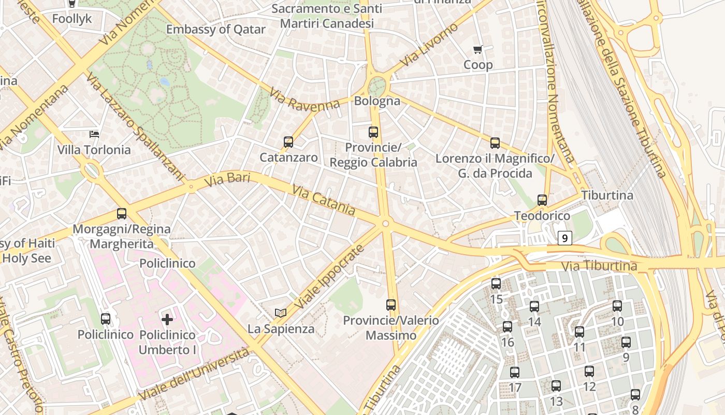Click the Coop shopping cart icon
pos(477,50)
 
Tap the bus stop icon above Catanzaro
pos(288,142)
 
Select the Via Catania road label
pos(324,200)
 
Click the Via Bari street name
pos(227,180)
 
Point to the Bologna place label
pos(377,101)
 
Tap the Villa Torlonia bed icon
pos(94,134)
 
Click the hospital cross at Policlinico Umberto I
pos(167,319)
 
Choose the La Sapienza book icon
pos(281,313)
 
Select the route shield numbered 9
pos(564,238)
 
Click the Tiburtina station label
pos(607,196)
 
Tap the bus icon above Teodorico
pos(542,200)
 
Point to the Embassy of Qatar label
pos(215,29)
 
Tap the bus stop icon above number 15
pos(496,283)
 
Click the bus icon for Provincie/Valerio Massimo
pos(391,305)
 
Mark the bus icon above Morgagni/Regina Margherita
pos(122,213)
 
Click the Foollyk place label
pos(72,19)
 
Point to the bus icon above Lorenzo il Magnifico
pos(495,143)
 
